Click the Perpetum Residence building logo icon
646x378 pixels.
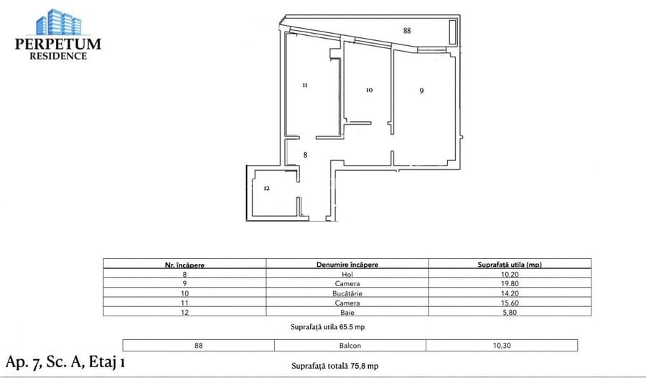(x=58, y=23)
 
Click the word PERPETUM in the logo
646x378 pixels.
(x=58, y=44)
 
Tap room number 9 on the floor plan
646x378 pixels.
(x=422, y=90)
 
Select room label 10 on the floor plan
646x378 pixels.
(x=369, y=90)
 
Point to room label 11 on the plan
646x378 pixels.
(x=304, y=85)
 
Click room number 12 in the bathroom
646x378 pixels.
(x=266, y=189)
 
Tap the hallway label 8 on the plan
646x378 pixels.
(x=305, y=154)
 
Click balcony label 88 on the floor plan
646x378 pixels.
(x=407, y=31)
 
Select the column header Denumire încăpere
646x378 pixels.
(x=347, y=264)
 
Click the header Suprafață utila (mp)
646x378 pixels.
(x=509, y=264)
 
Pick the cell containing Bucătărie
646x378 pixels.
(x=347, y=293)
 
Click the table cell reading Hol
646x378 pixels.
(x=347, y=274)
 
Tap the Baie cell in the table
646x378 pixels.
(x=347, y=313)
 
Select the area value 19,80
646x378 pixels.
(x=509, y=284)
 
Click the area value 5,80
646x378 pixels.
(x=509, y=313)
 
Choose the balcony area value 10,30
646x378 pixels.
(x=501, y=345)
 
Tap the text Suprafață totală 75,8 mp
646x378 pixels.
(x=334, y=366)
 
